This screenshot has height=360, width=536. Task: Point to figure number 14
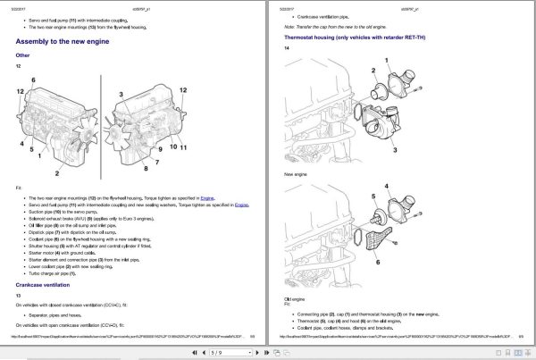[x=287, y=48]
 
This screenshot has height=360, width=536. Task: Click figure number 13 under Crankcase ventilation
[x=18, y=295]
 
